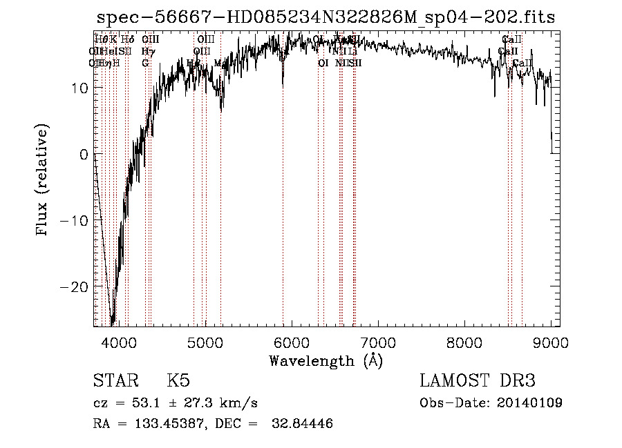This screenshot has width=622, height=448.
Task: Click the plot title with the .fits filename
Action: pyautogui.click(x=326, y=17)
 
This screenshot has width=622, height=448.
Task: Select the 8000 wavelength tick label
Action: pyautogui.click(x=464, y=342)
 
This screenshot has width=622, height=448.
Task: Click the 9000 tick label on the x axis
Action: pyautogui.click(x=551, y=342)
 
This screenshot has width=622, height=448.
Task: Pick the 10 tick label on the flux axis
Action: pyautogui.click(x=78, y=88)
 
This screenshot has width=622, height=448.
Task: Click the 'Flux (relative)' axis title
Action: pyautogui.click(x=44, y=181)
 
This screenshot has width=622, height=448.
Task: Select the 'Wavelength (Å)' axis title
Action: pyautogui.click(x=326, y=360)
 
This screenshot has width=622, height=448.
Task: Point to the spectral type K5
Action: pyautogui.click(x=178, y=381)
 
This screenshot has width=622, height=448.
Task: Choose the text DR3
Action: pyautogui.click(x=516, y=381)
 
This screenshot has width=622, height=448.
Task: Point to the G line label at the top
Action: pyautogui.click(x=145, y=63)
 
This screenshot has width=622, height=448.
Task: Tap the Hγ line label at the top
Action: pyautogui.click(x=147, y=51)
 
